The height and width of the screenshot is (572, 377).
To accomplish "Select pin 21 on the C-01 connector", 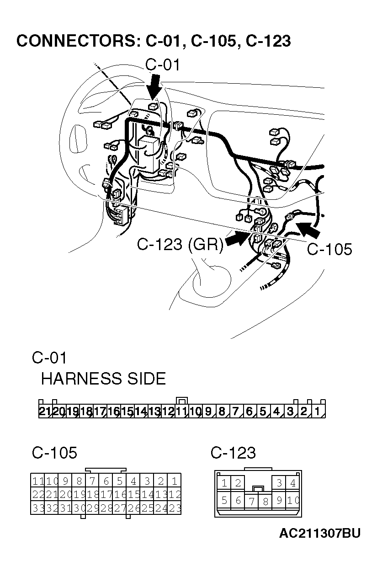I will (45, 412).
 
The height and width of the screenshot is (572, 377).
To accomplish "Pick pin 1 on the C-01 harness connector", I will (317, 412).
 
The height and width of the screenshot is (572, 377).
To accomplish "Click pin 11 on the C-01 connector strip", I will (181, 412).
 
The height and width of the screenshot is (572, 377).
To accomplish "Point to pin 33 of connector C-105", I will (37, 508).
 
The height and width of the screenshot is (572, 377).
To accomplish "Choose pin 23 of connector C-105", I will (175, 508).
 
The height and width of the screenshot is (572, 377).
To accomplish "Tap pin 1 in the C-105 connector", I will (175, 481).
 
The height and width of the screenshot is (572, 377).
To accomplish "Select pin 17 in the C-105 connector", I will (106, 494).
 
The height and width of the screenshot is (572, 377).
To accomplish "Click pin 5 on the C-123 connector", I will (224, 500).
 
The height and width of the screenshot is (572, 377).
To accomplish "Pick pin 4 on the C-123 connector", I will (292, 482).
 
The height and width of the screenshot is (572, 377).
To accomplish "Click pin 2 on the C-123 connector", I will (238, 482).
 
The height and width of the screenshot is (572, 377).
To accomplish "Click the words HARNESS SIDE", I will (103, 379).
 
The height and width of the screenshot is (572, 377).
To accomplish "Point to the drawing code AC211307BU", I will (320, 533).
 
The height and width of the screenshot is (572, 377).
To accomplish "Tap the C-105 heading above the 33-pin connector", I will (54, 453).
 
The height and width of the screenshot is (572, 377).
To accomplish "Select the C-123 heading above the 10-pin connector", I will (233, 453).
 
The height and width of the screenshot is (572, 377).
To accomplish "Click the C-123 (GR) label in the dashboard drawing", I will (180, 245).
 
